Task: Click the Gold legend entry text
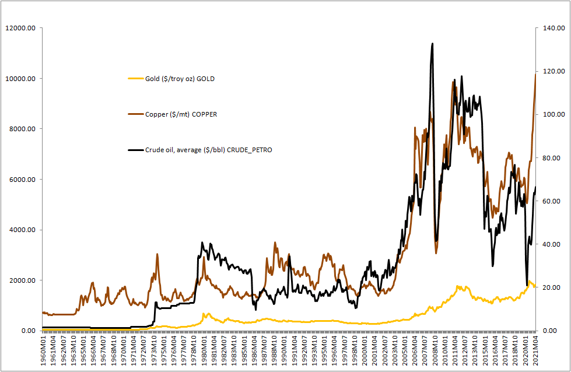180,79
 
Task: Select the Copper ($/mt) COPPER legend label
181,114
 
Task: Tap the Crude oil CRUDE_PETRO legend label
208,150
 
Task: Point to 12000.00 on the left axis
20,28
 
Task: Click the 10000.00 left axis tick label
20,79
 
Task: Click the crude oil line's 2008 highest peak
432,43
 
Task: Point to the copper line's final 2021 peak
535,74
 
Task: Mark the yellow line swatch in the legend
135,79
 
